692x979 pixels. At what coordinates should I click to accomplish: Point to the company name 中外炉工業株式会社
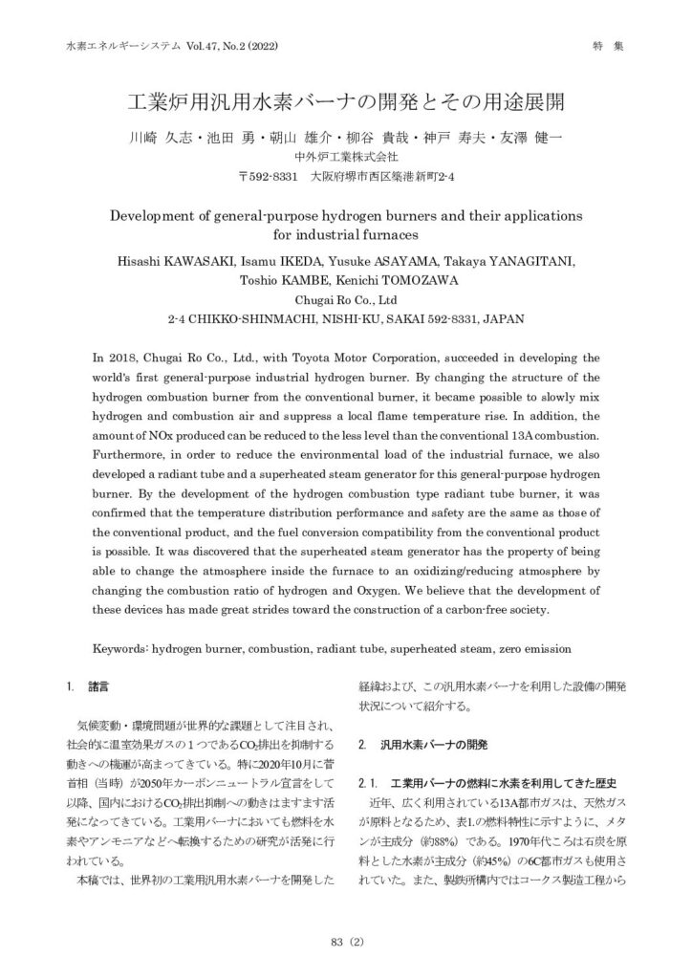tap(345, 157)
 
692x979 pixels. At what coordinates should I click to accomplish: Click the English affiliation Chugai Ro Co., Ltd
tap(346, 298)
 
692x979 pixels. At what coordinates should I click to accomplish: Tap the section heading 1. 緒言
tap(87, 685)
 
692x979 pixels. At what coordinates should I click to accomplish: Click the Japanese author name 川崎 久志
tap(162, 138)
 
